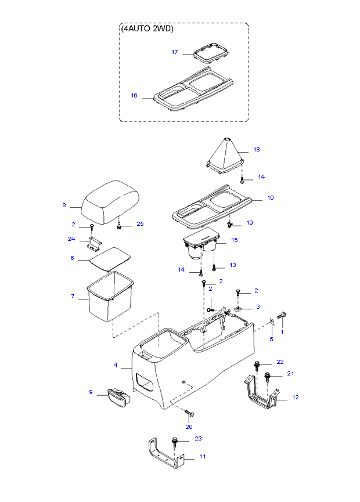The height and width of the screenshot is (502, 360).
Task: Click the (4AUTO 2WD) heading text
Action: point(147,28)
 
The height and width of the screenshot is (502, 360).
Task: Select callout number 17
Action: point(174,52)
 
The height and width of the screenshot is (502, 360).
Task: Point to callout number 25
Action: point(139,224)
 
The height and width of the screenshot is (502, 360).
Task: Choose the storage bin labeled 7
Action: point(110,299)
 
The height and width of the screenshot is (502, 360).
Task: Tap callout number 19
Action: point(250,222)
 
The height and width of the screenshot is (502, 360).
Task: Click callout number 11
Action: point(203,457)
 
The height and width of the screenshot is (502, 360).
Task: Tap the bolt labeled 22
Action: point(257,365)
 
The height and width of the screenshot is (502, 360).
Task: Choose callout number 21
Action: point(291,373)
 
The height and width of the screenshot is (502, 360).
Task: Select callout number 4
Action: point(116,366)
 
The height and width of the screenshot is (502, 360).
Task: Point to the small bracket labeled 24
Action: point(93,244)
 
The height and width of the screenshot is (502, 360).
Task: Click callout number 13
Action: point(232,265)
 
